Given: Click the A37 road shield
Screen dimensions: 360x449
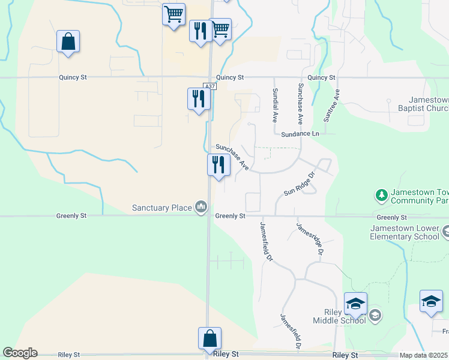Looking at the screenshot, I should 209,86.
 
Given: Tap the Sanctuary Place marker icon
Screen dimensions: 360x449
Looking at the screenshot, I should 201,208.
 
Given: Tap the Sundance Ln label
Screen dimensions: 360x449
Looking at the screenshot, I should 300,134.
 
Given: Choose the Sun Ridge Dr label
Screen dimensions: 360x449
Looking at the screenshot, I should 300,185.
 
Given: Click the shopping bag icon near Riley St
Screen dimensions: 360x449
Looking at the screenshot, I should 210,338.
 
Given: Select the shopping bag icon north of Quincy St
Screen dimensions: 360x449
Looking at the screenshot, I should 68,41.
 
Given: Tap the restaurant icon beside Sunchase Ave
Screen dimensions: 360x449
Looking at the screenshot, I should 218,165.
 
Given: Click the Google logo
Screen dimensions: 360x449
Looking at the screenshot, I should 20,353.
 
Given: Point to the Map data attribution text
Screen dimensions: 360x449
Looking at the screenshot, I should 423,355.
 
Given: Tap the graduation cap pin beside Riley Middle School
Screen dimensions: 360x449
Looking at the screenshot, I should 355,304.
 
